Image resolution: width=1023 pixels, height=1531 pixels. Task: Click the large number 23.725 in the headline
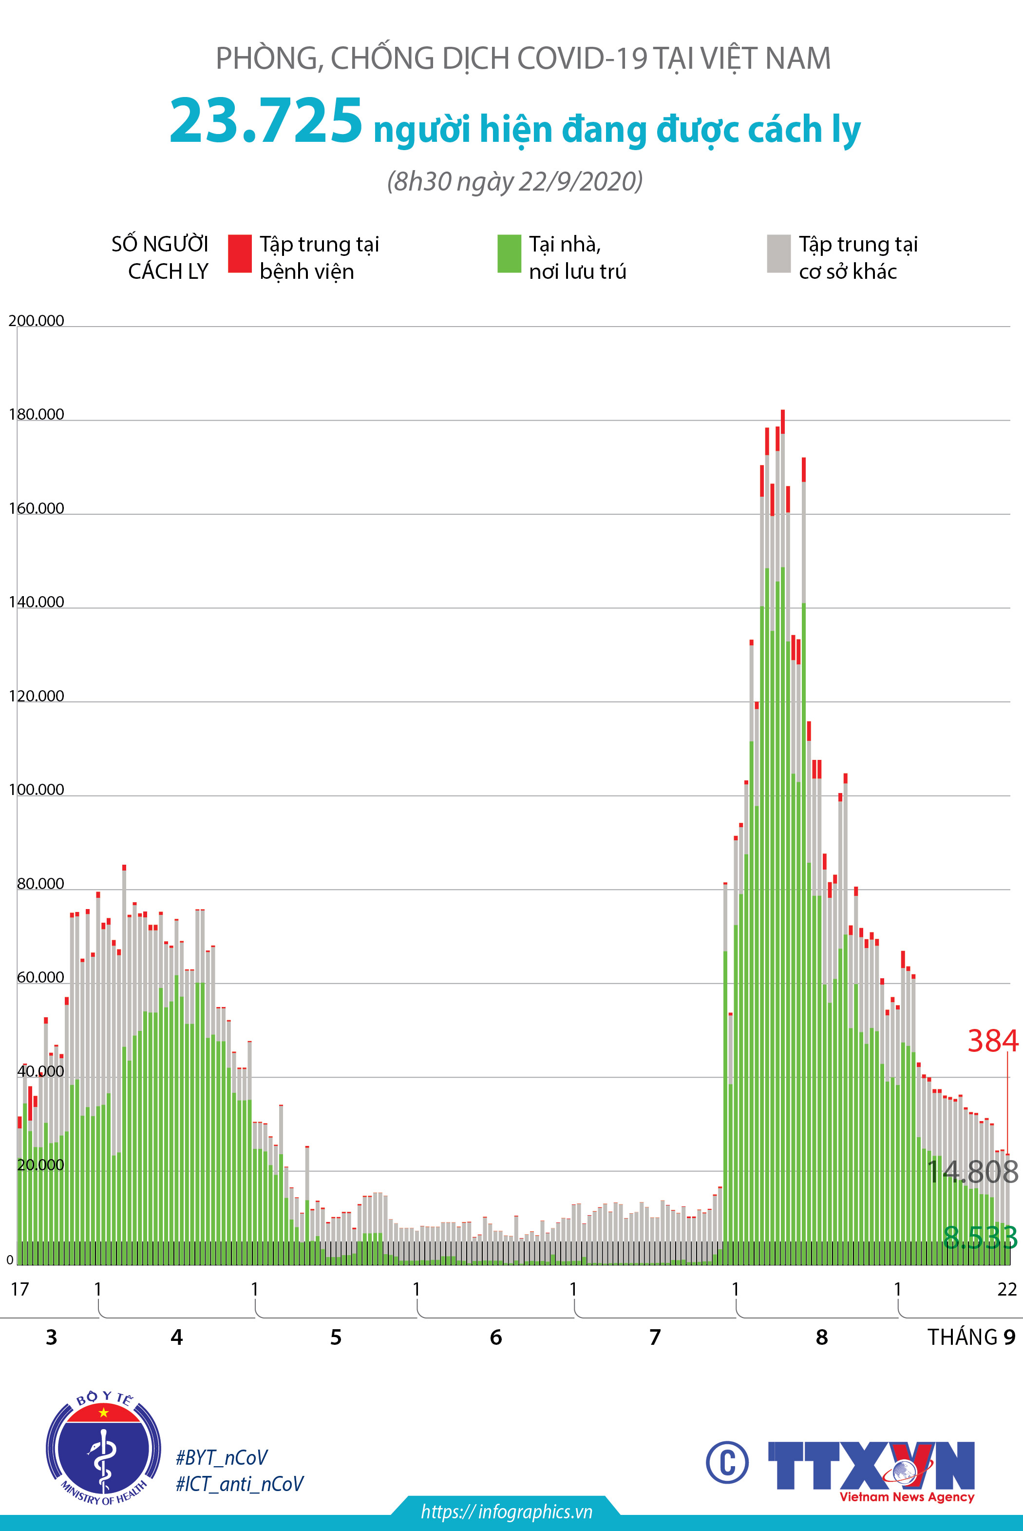coord(265,121)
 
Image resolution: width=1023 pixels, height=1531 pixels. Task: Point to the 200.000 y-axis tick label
coord(37,320)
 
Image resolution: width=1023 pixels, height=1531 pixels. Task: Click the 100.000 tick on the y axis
coord(37,790)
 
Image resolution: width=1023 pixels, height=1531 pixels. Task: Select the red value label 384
coord(992,1041)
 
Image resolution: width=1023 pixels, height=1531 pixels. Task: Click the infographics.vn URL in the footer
coord(506,1512)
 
